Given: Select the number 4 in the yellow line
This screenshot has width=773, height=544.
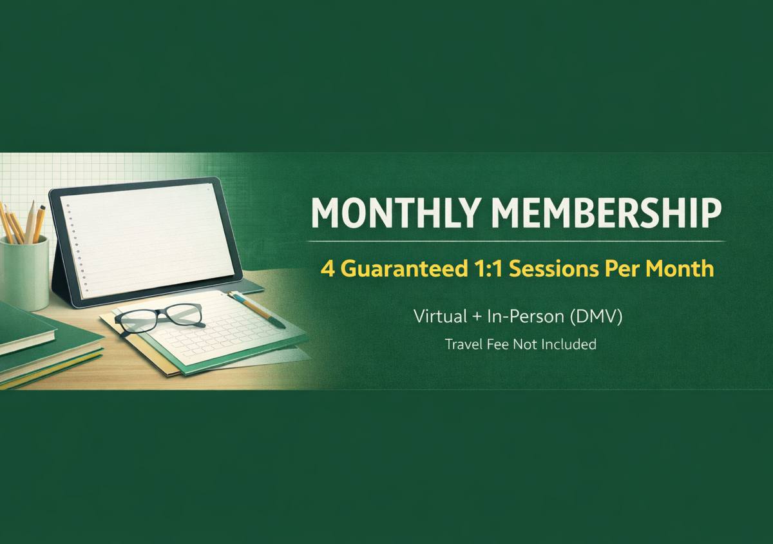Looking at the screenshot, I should tap(328, 268).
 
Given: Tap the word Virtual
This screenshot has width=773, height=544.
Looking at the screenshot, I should tap(441, 316).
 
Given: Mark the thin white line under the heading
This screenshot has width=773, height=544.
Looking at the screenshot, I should tap(515, 241).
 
